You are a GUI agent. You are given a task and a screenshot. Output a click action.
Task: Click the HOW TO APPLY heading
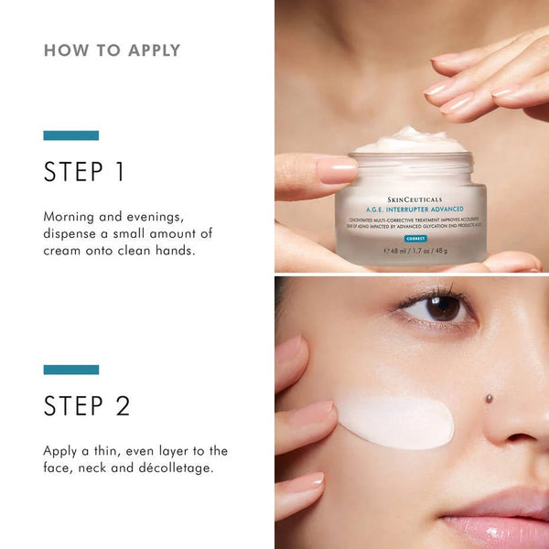112,50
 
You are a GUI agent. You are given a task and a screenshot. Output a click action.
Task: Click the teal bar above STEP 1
70,135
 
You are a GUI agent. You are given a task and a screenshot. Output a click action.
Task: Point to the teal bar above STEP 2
70,370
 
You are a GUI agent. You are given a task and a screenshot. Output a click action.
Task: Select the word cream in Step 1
65,250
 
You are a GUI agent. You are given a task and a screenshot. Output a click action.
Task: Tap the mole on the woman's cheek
489,399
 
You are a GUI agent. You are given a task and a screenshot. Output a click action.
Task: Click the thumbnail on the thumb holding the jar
337,169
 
